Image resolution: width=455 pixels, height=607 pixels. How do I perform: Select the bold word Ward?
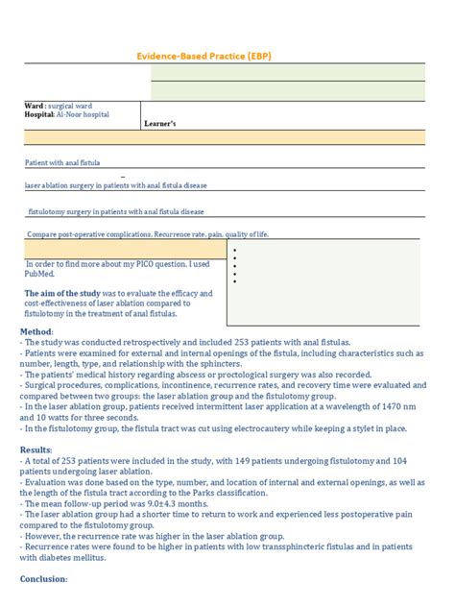coord(34,105)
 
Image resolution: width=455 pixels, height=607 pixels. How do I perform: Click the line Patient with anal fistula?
coord(62,163)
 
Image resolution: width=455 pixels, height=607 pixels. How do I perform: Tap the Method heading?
coord(37,331)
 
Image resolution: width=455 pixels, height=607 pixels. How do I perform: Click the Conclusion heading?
coord(44,579)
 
